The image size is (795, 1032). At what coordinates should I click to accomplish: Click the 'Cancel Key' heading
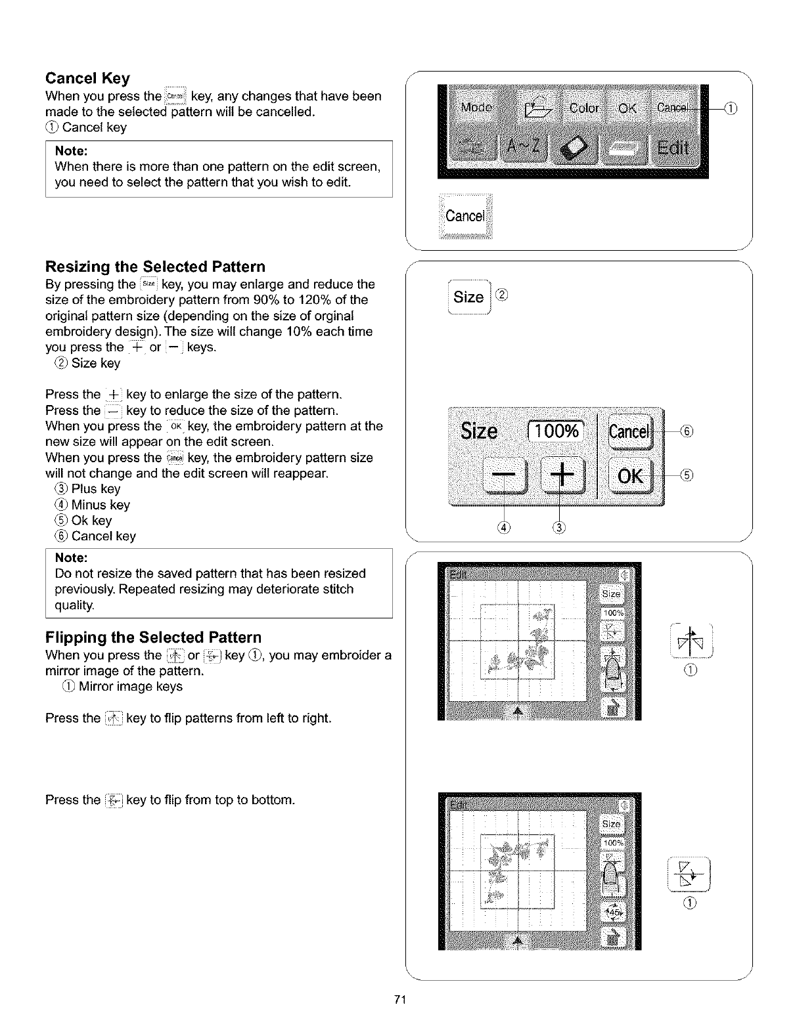(x=87, y=79)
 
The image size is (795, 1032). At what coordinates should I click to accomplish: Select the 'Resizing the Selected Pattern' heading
(x=155, y=267)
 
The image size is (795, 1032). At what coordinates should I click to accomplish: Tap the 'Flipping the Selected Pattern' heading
(x=153, y=637)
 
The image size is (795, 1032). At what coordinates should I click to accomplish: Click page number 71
(x=398, y=1000)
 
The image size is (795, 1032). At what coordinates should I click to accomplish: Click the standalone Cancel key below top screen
(x=465, y=216)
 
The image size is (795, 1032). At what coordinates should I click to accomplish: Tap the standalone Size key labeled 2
(x=468, y=297)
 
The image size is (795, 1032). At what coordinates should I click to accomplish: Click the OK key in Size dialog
(x=630, y=475)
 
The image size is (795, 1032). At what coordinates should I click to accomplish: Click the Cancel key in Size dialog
(x=630, y=431)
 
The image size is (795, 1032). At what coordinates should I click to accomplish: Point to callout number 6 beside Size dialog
(x=687, y=431)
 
